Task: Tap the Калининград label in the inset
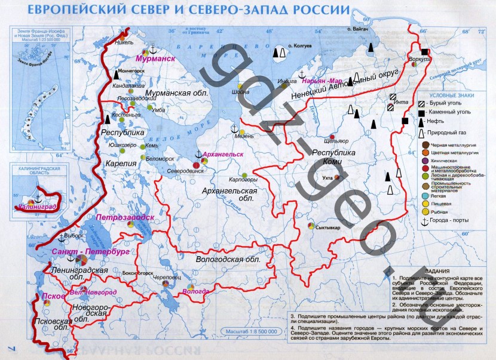(38, 207)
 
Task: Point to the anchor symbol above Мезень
(235, 128)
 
